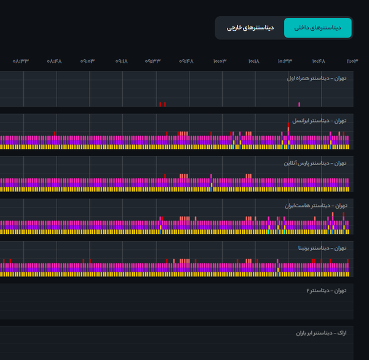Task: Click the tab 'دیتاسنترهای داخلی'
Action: pos(318,28)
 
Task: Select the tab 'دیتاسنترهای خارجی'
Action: pos(250,28)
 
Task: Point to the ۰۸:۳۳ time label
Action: pos(21,61)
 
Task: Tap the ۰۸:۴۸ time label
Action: pos(54,61)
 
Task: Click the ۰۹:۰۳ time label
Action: pos(87,61)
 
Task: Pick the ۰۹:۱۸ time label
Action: pos(121,61)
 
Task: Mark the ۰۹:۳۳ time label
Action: pos(153,61)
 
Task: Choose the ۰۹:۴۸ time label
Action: pos(186,61)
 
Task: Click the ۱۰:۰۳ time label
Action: pos(220,61)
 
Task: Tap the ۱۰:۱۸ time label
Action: pos(253,61)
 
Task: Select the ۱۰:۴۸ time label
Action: pos(319,61)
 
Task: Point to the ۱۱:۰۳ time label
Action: pos(352,61)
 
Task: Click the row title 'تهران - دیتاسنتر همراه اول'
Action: pos(317,78)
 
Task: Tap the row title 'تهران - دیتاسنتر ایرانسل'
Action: pos(319,121)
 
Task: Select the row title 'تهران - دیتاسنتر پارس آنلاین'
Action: pos(315,164)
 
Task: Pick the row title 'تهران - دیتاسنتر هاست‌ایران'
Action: pos(316,206)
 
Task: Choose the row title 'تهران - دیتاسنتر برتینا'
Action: pos(322,248)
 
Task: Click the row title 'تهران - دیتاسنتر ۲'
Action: pos(326,291)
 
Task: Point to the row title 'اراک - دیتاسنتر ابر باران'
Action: pos(321,333)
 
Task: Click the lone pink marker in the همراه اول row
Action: pos(299,104)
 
